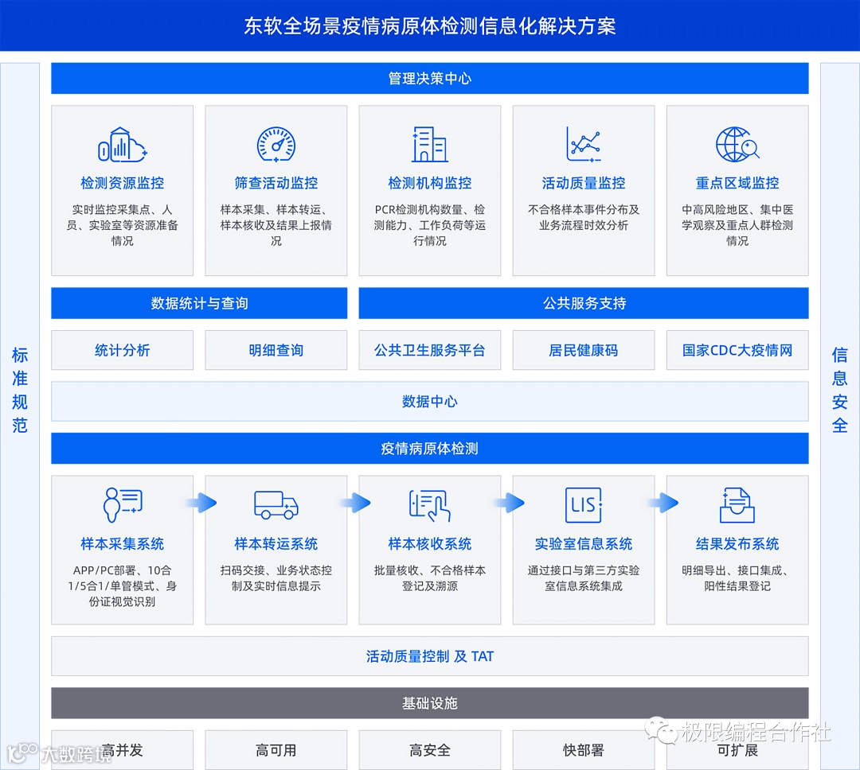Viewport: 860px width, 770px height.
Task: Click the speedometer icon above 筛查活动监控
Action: pyautogui.click(x=276, y=144)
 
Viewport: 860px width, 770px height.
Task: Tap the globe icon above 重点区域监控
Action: pyautogui.click(x=737, y=144)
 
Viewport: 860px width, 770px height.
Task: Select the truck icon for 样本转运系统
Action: pyautogui.click(x=276, y=505)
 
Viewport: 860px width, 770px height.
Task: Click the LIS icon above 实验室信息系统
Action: pyautogui.click(x=583, y=505)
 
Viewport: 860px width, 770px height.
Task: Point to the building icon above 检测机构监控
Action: pyautogui.click(x=429, y=144)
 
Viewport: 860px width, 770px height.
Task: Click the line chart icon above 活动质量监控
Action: pyautogui.click(x=583, y=144)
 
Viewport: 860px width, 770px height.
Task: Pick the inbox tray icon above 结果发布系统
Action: pyautogui.click(x=737, y=505)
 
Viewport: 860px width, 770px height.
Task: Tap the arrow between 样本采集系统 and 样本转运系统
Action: pyautogui.click(x=200, y=502)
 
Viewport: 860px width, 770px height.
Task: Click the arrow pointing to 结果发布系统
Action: pyautogui.click(x=662, y=502)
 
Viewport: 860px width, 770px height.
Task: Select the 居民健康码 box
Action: pyautogui.click(x=583, y=350)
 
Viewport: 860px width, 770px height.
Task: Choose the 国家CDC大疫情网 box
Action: pyautogui.click(x=737, y=350)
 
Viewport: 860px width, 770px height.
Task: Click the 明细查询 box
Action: pyautogui.click(x=276, y=350)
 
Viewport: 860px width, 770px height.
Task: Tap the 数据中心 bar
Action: pyautogui.click(x=430, y=402)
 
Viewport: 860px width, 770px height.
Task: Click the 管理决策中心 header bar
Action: pyautogui.click(x=430, y=79)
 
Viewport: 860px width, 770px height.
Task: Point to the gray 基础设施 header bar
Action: pyautogui.click(x=430, y=703)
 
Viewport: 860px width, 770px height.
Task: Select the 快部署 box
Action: pyautogui.click(x=583, y=749)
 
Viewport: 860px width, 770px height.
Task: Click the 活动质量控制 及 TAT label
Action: pyautogui.click(x=430, y=656)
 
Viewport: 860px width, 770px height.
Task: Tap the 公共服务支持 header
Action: pyautogui.click(x=584, y=303)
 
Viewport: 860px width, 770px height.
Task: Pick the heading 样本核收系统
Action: pyautogui.click(x=430, y=544)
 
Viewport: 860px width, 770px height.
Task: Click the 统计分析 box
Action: pyautogui.click(x=122, y=350)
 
